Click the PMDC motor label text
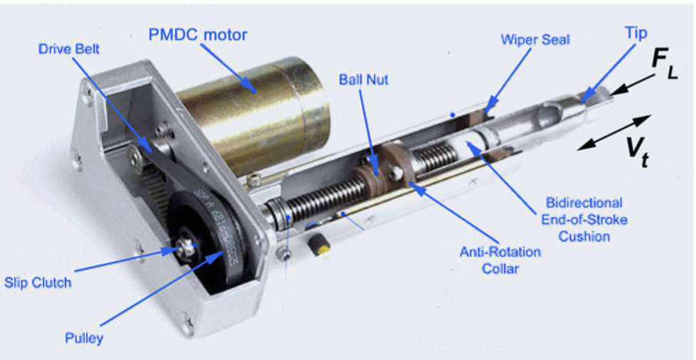[x=197, y=35]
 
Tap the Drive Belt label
[x=69, y=49]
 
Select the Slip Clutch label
[x=37, y=282]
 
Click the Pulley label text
[x=84, y=339]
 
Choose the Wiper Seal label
[x=535, y=39]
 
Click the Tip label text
[x=636, y=33]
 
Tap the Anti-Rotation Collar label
[x=500, y=260]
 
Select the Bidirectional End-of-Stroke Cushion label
[x=584, y=220]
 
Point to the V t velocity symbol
[x=638, y=151]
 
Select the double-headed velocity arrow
[x=615, y=132]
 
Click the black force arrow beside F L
[x=631, y=84]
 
